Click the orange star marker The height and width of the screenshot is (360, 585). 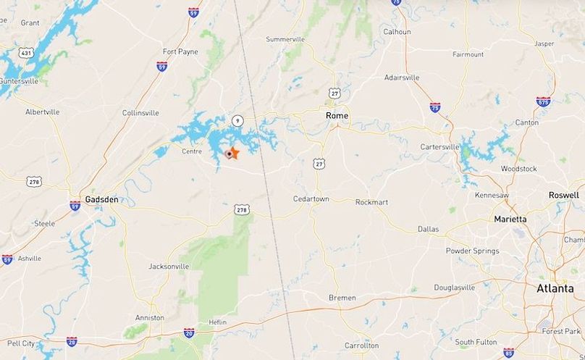(x=233, y=153)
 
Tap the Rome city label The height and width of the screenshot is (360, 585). (x=337, y=116)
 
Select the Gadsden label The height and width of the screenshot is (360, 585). (x=101, y=199)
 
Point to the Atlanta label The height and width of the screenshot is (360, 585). (x=555, y=288)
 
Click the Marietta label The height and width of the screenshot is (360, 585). (x=510, y=219)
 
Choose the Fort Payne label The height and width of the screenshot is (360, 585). (x=180, y=51)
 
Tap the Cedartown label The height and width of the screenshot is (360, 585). (x=311, y=198)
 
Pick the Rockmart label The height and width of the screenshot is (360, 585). (x=373, y=202)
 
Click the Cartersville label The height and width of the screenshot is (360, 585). (x=440, y=147)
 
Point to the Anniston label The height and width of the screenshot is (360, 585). (x=149, y=317)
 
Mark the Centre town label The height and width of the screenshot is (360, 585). (x=192, y=151)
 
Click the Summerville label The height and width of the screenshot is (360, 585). (x=285, y=39)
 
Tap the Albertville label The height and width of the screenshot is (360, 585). (x=43, y=112)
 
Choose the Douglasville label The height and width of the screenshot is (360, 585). (x=455, y=288)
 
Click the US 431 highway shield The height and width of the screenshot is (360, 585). (x=27, y=53)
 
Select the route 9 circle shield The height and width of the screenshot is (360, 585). (x=237, y=120)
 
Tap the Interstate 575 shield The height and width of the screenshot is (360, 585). (x=543, y=101)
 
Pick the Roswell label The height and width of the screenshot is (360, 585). (x=564, y=196)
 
